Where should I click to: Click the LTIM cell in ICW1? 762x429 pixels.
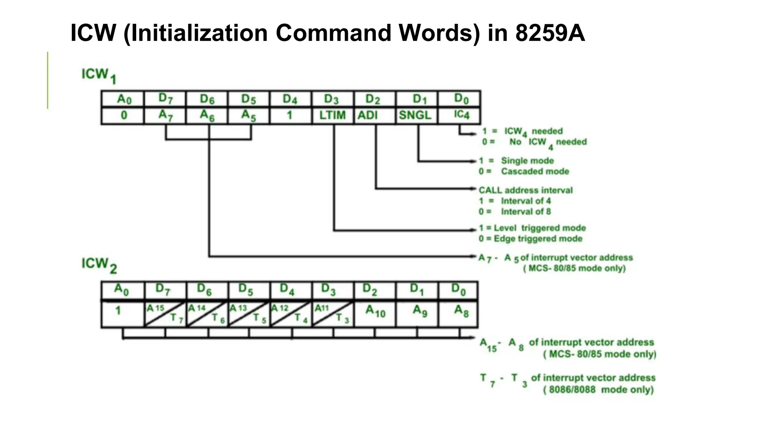point(332,115)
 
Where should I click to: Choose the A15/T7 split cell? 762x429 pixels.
point(165,313)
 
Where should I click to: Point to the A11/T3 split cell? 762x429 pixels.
point(332,313)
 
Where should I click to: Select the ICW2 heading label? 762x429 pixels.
point(99,265)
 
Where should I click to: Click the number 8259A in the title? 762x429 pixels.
point(550,33)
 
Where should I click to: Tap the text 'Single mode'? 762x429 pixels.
point(527,161)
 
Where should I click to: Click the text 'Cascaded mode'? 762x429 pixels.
point(535,171)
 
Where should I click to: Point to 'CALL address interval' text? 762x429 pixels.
point(525,190)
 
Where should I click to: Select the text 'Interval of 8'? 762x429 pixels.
point(525,212)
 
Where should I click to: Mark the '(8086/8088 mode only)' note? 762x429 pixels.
point(598,390)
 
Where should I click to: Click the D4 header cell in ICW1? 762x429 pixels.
point(290,99)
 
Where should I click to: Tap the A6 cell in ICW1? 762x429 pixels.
point(207,115)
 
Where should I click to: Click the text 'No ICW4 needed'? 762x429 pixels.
point(548,142)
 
